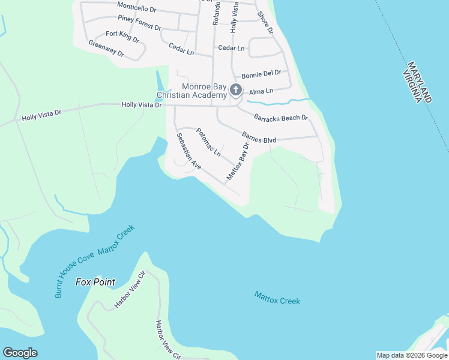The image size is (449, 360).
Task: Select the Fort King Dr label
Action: coord(122,37)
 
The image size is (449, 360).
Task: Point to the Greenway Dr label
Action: coord(106,49)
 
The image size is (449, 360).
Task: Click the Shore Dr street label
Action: coord(265,22)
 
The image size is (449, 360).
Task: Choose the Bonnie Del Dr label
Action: coord(261,74)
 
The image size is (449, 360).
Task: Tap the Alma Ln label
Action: coord(261,91)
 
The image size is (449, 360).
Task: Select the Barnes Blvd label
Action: coord(259,137)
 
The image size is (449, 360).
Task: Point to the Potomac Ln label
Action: coord(208,142)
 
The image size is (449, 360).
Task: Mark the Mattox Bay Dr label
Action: coord(237,161)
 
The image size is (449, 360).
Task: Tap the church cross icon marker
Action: coord(236,91)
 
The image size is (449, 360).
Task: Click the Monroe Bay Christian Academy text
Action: coord(191,91)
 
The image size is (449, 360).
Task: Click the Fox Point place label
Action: coord(95,281)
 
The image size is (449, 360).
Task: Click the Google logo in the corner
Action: coord(20,353)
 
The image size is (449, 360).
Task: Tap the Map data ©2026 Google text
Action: coord(411,355)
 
